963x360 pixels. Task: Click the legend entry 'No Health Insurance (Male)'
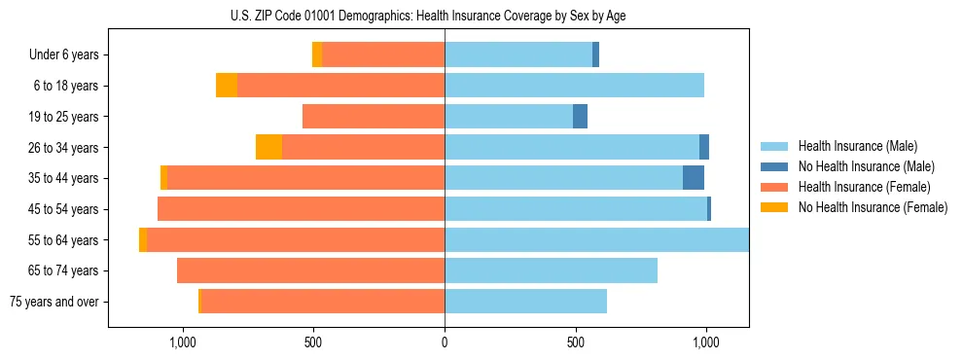(866, 166)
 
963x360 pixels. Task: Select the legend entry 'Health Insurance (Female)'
(864, 187)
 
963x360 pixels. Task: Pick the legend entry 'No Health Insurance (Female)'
(872, 207)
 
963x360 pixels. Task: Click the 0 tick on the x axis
(445, 342)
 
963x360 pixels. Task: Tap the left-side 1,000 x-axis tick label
(183, 342)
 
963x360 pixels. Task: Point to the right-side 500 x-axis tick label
(575, 342)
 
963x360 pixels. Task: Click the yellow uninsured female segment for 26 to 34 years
(268, 147)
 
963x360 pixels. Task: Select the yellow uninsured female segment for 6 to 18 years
(227, 86)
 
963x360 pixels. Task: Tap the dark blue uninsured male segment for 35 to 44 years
(694, 178)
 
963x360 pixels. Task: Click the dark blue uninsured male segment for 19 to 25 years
(580, 117)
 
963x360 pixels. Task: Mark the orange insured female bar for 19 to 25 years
(374, 117)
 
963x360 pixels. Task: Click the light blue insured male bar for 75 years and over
(525, 302)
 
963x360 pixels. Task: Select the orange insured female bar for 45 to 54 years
(302, 209)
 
